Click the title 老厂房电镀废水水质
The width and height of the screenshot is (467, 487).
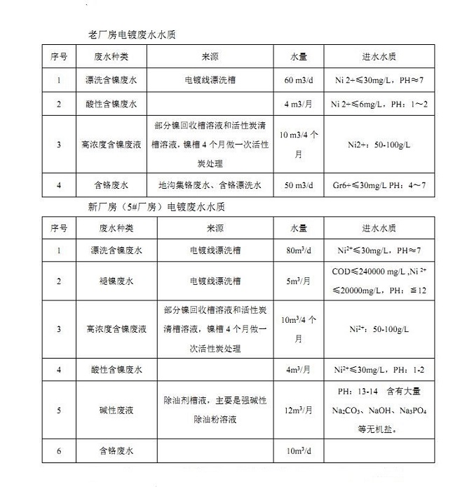pos(135,34)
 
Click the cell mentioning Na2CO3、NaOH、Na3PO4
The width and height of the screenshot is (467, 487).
pos(379,410)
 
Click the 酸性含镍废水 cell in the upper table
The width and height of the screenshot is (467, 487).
pos(110,104)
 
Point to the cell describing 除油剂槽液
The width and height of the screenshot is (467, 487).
pos(210,410)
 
